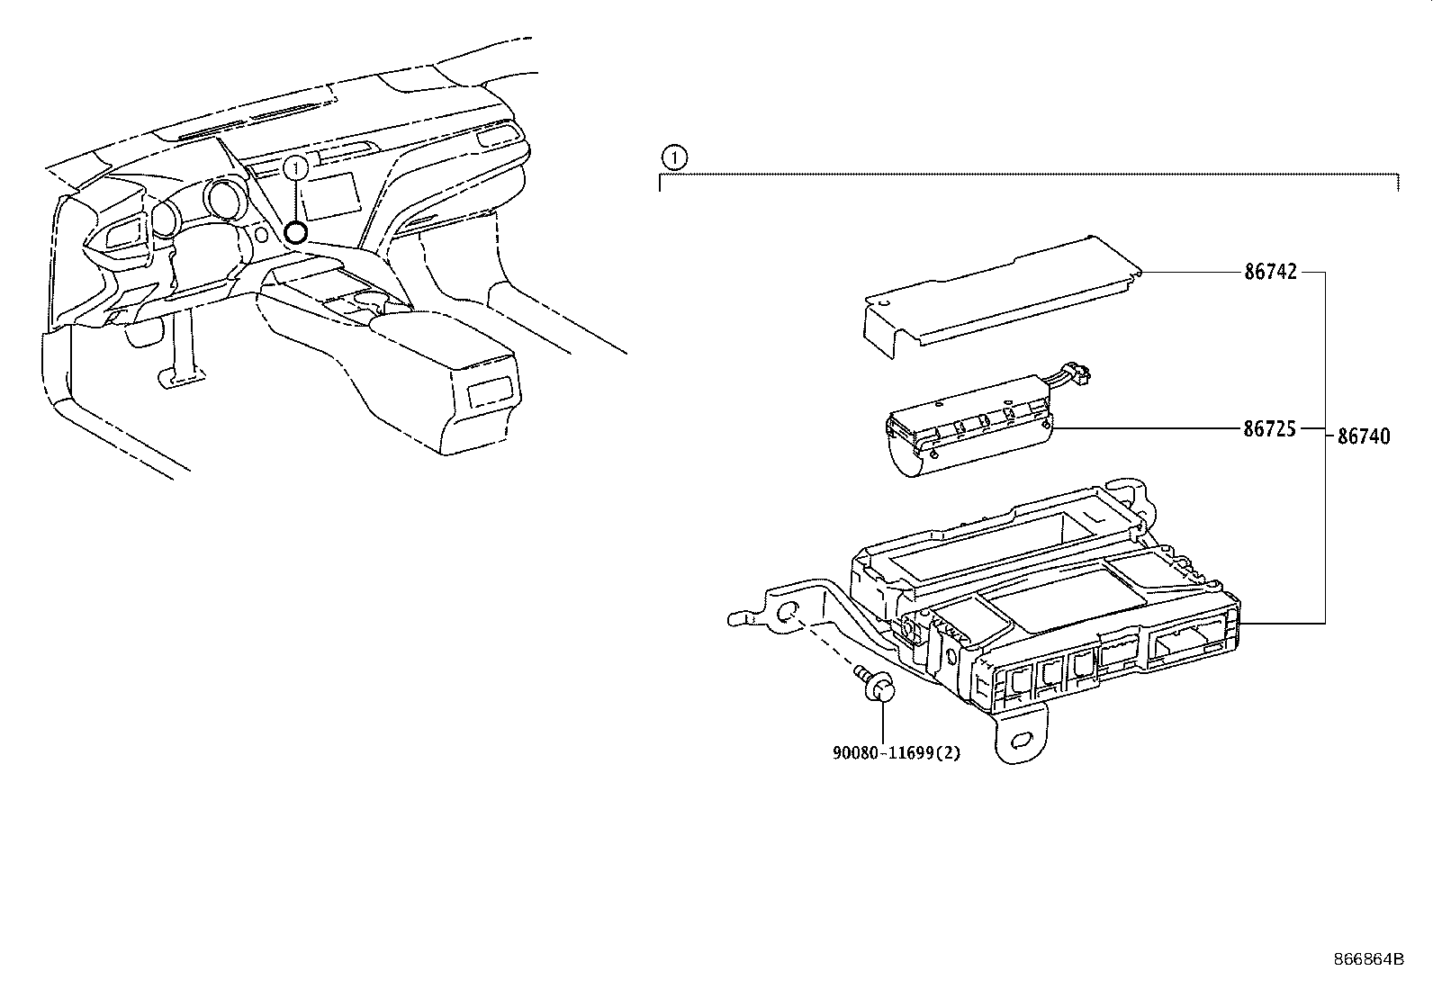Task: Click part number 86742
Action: (x=1270, y=272)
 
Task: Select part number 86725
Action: (x=1270, y=429)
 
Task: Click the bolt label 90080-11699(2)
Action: (x=896, y=752)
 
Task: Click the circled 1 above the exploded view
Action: (x=674, y=157)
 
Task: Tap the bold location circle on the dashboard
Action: (x=294, y=232)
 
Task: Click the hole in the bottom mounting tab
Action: (x=1023, y=740)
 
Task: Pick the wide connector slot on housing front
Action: (x=1188, y=642)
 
